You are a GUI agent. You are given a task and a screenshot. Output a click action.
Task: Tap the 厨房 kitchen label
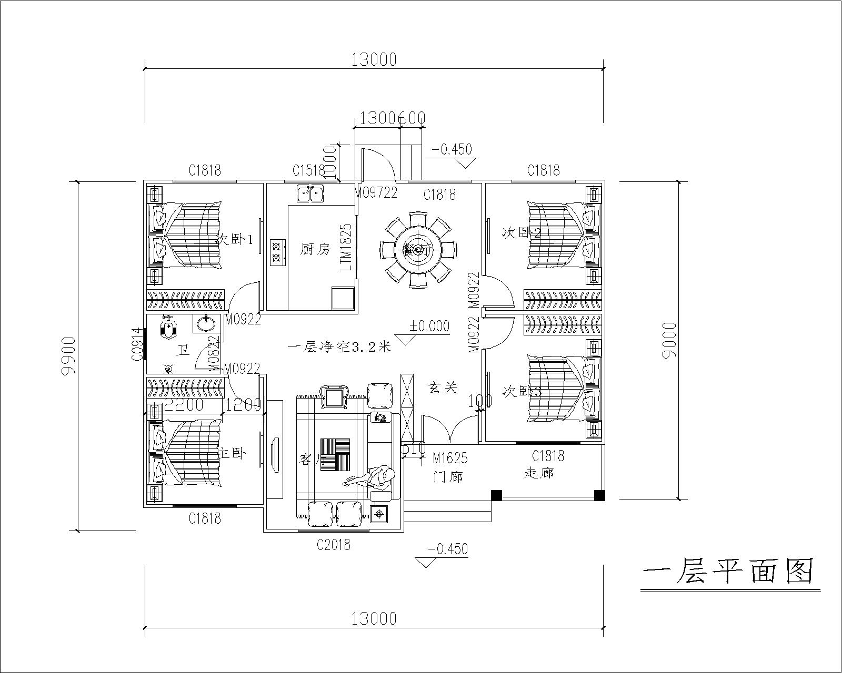coord(316,249)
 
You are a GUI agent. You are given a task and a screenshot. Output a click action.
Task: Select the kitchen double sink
coord(310,194)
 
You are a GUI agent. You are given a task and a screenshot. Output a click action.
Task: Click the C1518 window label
coord(309,170)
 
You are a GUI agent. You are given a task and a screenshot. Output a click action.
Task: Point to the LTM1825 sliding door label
coord(346,247)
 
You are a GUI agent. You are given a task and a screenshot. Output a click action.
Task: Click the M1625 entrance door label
coord(450,458)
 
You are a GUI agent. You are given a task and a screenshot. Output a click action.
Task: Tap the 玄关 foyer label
coord(443,388)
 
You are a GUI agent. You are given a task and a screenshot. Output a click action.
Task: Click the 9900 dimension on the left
coord(68,356)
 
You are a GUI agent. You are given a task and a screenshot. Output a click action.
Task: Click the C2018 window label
coord(334,545)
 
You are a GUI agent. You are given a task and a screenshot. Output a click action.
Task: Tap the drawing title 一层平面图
coord(729,571)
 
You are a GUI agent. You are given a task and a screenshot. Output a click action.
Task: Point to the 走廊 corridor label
coord(539,473)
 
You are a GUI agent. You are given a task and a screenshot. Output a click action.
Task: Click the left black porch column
coord(496,495)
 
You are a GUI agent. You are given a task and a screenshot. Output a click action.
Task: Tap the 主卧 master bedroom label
coord(232,453)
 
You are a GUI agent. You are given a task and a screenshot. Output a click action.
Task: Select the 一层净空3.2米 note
coord(339,347)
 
